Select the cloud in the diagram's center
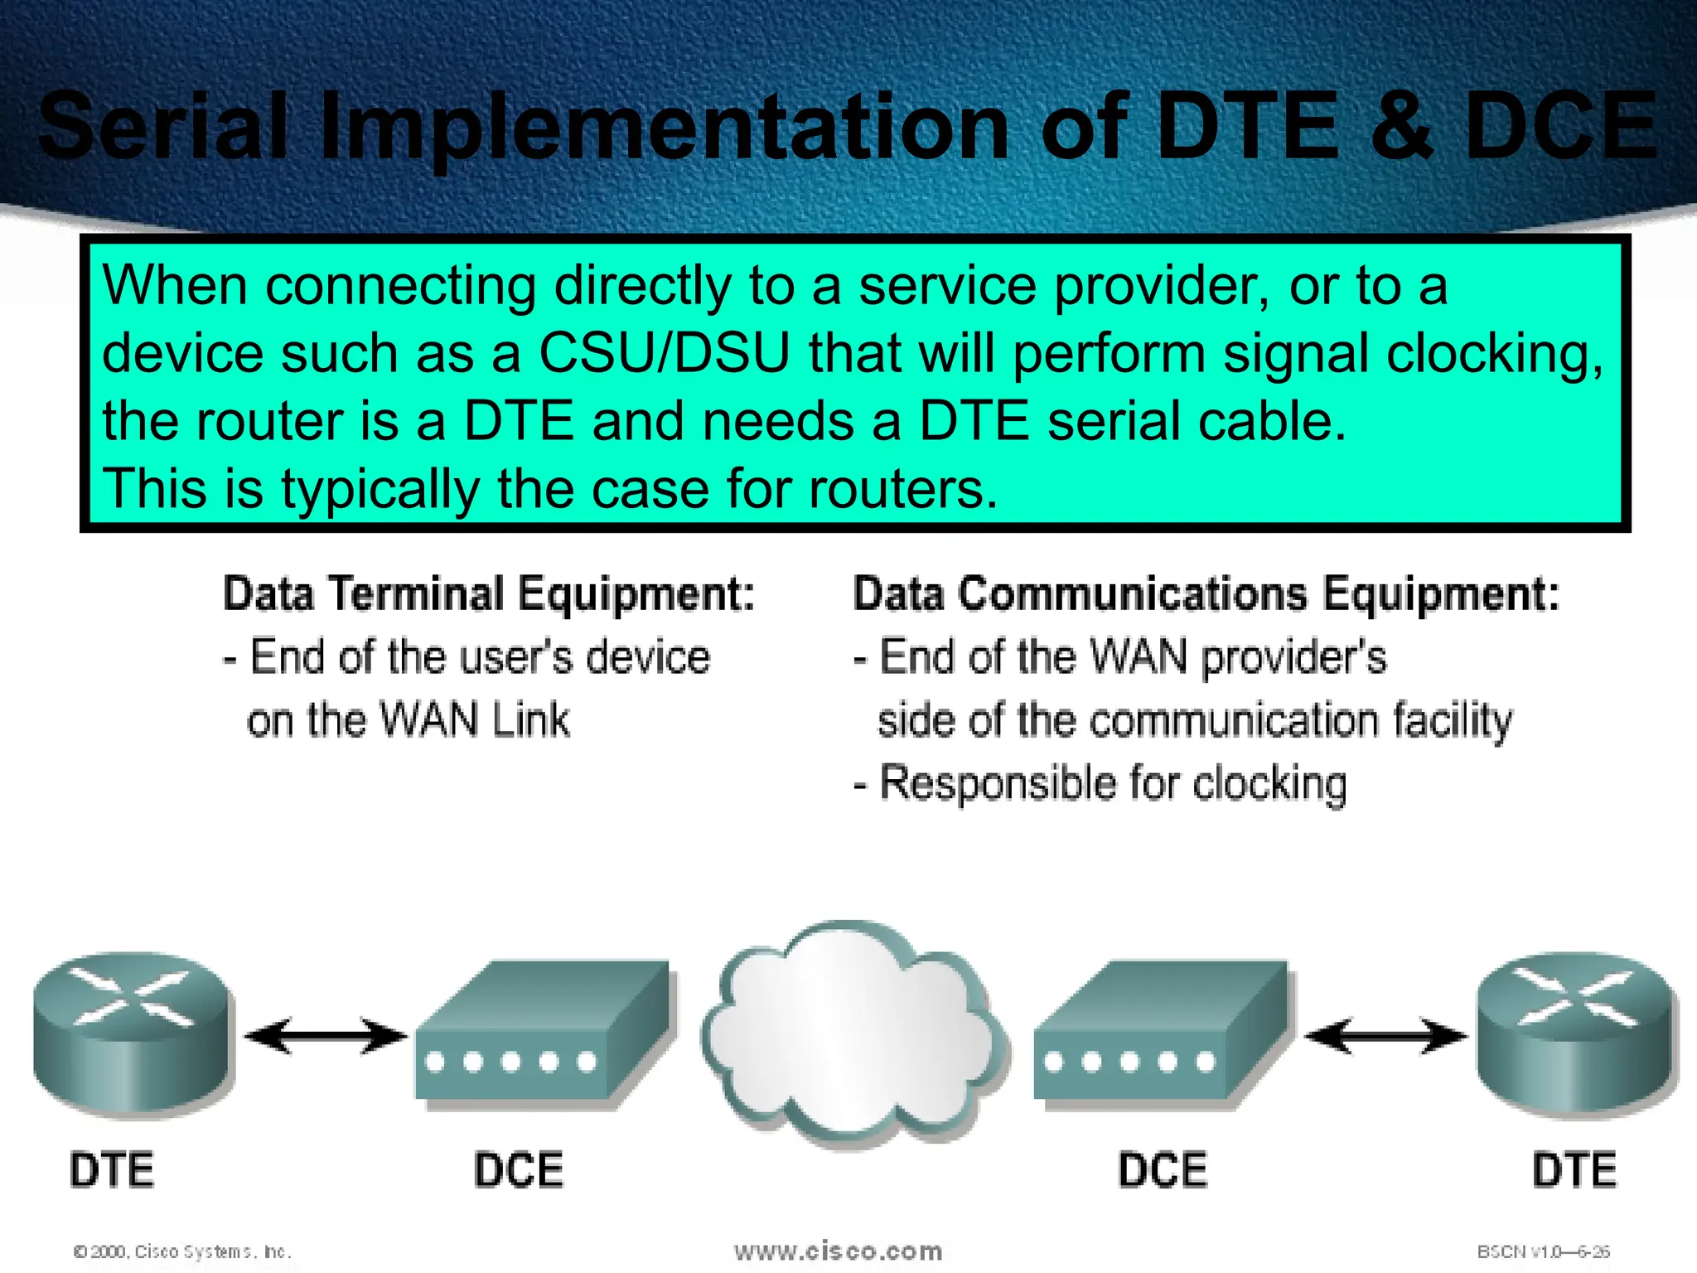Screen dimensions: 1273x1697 853,1036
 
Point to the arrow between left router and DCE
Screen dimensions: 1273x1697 326,1036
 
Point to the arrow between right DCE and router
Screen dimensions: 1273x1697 1385,1036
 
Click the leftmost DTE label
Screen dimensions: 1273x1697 112,1170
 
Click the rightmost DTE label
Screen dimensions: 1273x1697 1574,1170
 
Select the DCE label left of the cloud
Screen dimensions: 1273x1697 519,1170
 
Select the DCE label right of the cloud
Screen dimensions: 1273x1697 1163,1170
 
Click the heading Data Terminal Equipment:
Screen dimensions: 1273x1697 489,594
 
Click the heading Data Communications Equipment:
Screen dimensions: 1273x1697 1206,594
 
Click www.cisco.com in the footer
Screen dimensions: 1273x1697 838,1251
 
